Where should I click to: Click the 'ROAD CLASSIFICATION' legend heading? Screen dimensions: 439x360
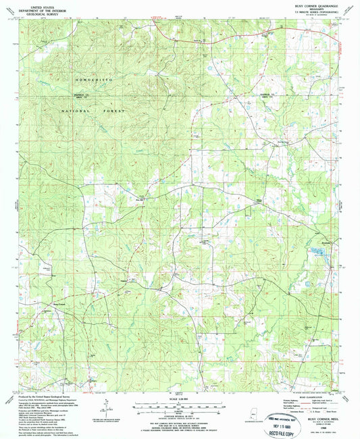[300, 397]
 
